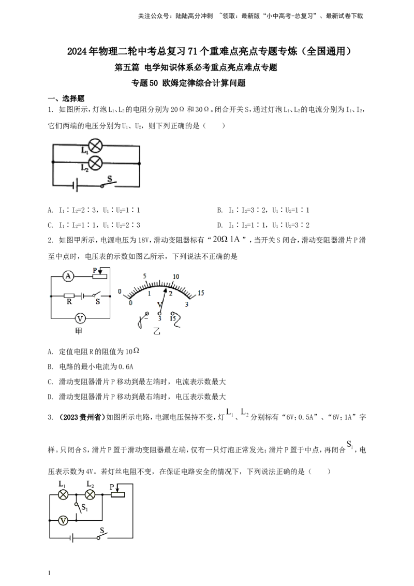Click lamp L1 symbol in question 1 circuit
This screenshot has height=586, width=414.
pyautogui.click(x=96, y=146)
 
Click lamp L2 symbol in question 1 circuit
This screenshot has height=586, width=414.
pyautogui.click(x=96, y=163)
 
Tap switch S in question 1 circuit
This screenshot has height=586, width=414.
pyautogui.click(x=108, y=183)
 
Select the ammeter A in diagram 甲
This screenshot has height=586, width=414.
pyautogui.click(x=68, y=276)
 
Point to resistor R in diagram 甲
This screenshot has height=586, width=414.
pyautogui.click(x=69, y=295)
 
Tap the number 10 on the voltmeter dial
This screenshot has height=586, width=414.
pyautogui.click(x=175, y=276)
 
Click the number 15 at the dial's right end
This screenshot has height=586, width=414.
pyautogui.click(x=201, y=293)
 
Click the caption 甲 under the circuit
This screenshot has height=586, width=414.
pyautogui.click(x=79, y=331)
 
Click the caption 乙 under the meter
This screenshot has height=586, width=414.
pyautogui.click(x=157, y=331)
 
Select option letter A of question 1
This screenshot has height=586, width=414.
pyautogui.click(x=50, y=210)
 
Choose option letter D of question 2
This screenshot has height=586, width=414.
pyautogui.click(x=50, y=397)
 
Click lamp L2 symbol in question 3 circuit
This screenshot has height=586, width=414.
pyautogui.click(x=90, y=495)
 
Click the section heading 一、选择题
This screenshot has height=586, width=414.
pyautogui.click(x=66, y=99)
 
